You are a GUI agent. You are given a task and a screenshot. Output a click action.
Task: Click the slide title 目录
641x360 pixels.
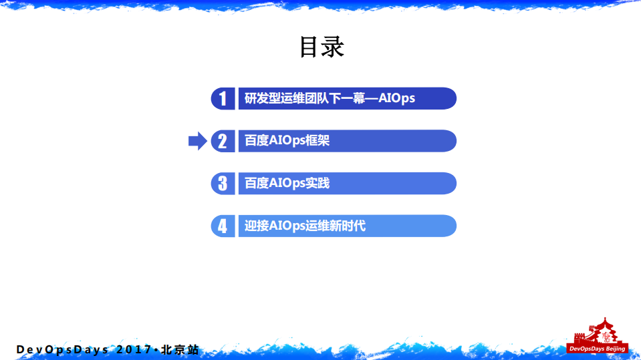point(321,47)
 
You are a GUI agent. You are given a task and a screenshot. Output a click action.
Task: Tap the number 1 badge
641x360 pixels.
point(223,98)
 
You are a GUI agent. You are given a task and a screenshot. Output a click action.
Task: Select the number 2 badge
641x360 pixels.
point(223,141)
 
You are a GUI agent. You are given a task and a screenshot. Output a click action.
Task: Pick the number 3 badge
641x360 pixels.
point(223,183)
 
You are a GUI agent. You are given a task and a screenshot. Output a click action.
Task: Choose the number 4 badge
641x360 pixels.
point(223,226)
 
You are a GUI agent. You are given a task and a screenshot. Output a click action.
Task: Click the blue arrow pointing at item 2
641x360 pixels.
point(197,141)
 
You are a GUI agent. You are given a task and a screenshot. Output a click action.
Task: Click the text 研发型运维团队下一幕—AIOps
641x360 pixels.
point(330,98)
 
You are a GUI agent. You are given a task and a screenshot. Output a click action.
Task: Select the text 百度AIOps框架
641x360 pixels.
point(287,141)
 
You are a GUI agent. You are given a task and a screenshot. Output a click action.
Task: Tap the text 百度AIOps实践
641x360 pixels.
point(287,183)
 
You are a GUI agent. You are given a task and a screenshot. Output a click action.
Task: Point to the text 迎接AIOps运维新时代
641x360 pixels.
point(305,226)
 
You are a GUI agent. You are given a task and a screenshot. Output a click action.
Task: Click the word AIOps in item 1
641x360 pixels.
point(396,98)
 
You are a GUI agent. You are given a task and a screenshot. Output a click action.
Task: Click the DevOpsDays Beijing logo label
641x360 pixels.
point(597,349)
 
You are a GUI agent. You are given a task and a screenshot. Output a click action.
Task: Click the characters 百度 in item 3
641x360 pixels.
point(256,183)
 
